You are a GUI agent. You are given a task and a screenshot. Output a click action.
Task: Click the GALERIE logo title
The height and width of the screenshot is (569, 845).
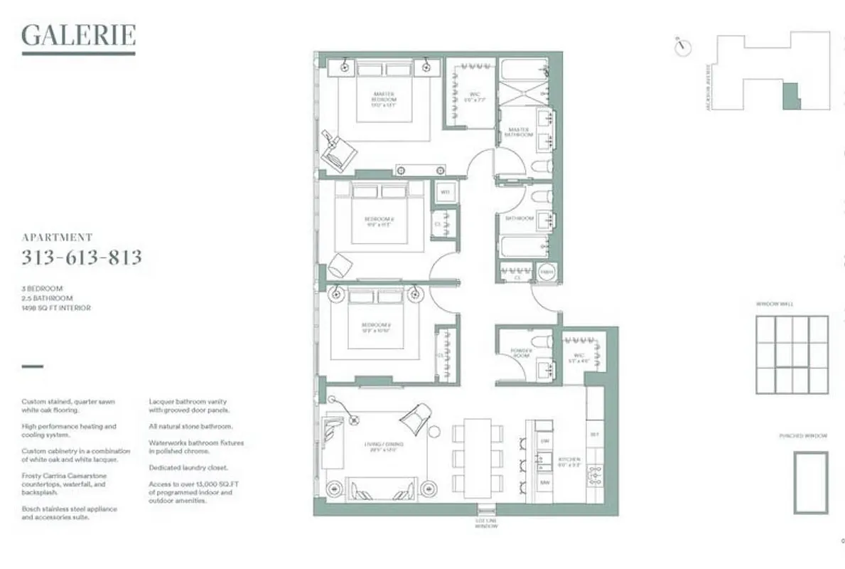point(78,36)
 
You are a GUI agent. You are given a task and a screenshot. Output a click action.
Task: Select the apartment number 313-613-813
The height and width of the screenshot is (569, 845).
point(82,257)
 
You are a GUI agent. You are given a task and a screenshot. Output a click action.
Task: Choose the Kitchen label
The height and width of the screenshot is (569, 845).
point(569,462)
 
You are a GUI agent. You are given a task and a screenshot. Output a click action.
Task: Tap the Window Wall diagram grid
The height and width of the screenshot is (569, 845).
point(791,354)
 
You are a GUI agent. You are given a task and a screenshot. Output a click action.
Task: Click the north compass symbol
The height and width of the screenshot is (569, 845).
point(683,47)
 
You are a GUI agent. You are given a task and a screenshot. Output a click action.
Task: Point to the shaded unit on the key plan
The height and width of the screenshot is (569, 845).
point(791,96)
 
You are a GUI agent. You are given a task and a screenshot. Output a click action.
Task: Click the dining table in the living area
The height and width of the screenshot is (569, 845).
point(478,458)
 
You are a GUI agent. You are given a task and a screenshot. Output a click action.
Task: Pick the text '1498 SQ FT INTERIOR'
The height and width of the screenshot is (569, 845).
point(56,308)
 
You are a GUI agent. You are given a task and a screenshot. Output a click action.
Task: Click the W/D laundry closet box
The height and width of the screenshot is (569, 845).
point(446,192)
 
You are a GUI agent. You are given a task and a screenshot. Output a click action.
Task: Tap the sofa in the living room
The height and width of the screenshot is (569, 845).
point(372,489)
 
